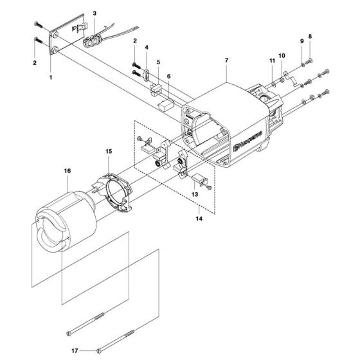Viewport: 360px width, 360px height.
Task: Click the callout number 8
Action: [x=310, y=36]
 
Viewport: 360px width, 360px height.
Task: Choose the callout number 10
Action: [x=281, y=55]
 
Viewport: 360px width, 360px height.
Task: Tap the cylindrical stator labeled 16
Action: [x=64, y=212]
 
